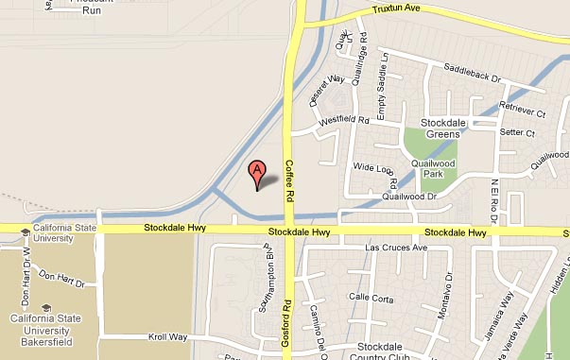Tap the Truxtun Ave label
tap(395, 9)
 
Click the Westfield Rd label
tap(343, 121)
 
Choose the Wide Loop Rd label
tap(373, 168)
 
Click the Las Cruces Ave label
tap(397, 248)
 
